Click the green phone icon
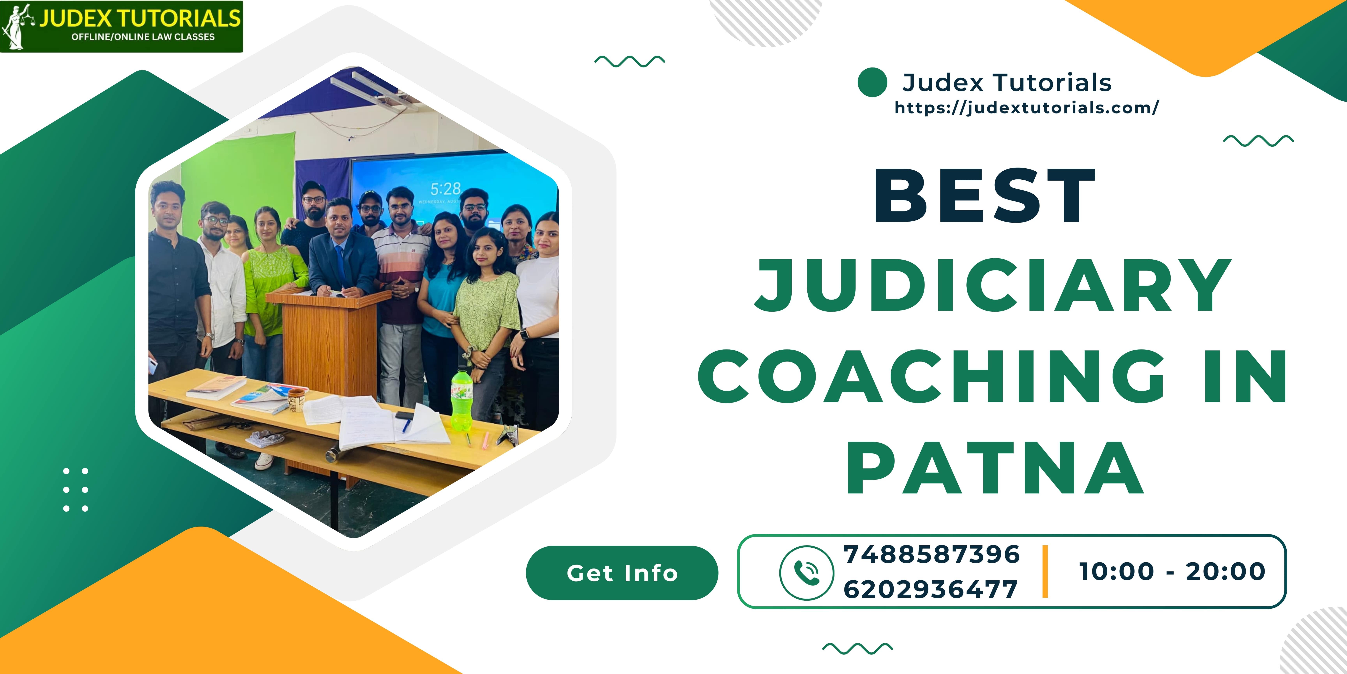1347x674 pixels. pyautogui.click(x=806, y=572)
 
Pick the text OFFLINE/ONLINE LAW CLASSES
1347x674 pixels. pyautogui.click(x=143, y=37)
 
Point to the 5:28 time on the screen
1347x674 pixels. pyautogui.click(x=445, y=189)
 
